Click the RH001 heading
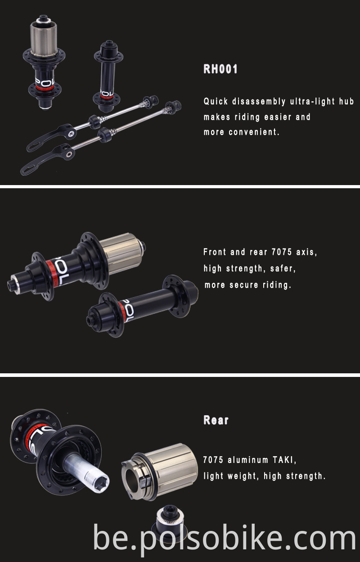[220, 69]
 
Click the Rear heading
[216, 420]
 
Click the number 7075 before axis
[282, 252]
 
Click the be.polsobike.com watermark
[225, 537]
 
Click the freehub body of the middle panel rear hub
[121, 252]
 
